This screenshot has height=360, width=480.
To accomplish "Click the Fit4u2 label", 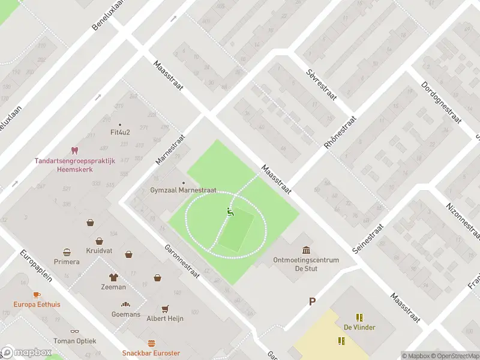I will pyautogui.click(x=121, y=132).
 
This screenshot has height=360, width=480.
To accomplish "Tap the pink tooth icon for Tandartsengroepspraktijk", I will pyautogui.click(x=74, y=150).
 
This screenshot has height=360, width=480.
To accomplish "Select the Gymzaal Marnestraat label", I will pyautogui.click(x=183, y=190).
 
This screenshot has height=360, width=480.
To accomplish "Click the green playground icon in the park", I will pyautogui.click(x=229, y=211).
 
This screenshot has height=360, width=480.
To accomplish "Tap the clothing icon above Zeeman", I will pyautogui.click(x=113, y=277).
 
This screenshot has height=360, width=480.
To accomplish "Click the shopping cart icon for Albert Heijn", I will pyautogui.click(x=165, y=308).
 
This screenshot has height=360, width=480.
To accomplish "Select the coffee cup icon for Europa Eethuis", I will pyautogui.click(x=37, y=295).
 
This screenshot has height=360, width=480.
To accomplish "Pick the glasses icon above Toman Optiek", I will pyautogui.click(x=74, y=331).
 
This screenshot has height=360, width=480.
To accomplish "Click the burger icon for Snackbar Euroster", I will pyautogui.click(x=151, y=344).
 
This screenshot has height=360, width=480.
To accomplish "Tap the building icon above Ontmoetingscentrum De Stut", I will pyautogui.click(x=306, y=250).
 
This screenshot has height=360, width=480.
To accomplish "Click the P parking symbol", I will pyautogui.click(x=311, y=301).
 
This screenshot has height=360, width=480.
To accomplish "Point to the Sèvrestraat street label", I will pyautogui.click(x=321, y=85).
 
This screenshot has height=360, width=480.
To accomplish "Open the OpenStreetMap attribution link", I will pyautogui.click(x=454, y=356).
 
